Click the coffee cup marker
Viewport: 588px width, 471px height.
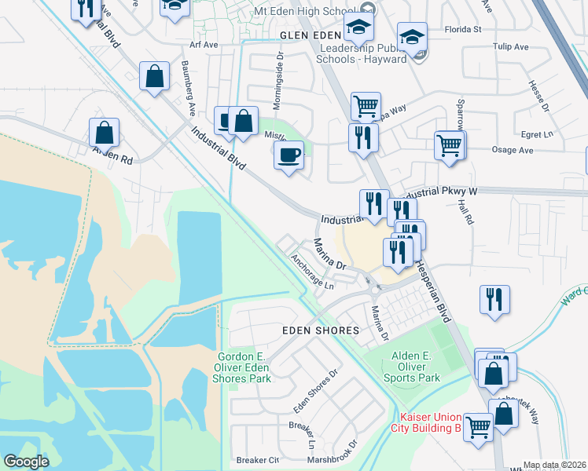[289, 154]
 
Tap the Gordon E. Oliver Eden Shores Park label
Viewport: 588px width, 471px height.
[244, 367]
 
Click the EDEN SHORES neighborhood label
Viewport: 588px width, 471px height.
[321, 331]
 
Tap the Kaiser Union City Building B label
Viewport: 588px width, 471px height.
[430, 422]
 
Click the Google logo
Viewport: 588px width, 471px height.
[26, 462]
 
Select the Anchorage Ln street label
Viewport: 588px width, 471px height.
[312, 271]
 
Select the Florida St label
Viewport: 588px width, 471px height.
[463, 30]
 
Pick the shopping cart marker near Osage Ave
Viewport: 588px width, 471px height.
[449, 144]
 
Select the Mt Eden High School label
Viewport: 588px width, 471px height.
[311, 12]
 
